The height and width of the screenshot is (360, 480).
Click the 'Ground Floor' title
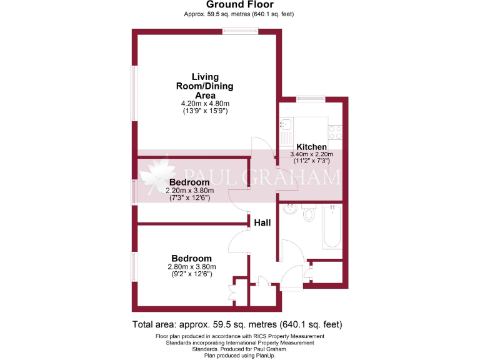point(239,5)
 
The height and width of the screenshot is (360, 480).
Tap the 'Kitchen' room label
point(311,146)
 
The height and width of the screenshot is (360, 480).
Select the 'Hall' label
point(262,221)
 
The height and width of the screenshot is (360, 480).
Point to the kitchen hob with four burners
point(335,132)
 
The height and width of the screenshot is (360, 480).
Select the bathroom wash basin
point(288,210)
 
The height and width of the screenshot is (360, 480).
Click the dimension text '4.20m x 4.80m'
point(205,103)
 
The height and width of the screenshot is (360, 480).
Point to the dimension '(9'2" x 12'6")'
point(191,273)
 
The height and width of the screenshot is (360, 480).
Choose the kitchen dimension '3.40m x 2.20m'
point(311,154)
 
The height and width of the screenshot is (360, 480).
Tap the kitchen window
point(310,98)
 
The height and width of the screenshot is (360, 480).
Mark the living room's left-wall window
point(133,93)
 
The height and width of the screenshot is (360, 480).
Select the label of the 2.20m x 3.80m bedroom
point(189,182)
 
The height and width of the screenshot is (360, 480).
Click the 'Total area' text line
point(237,325)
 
